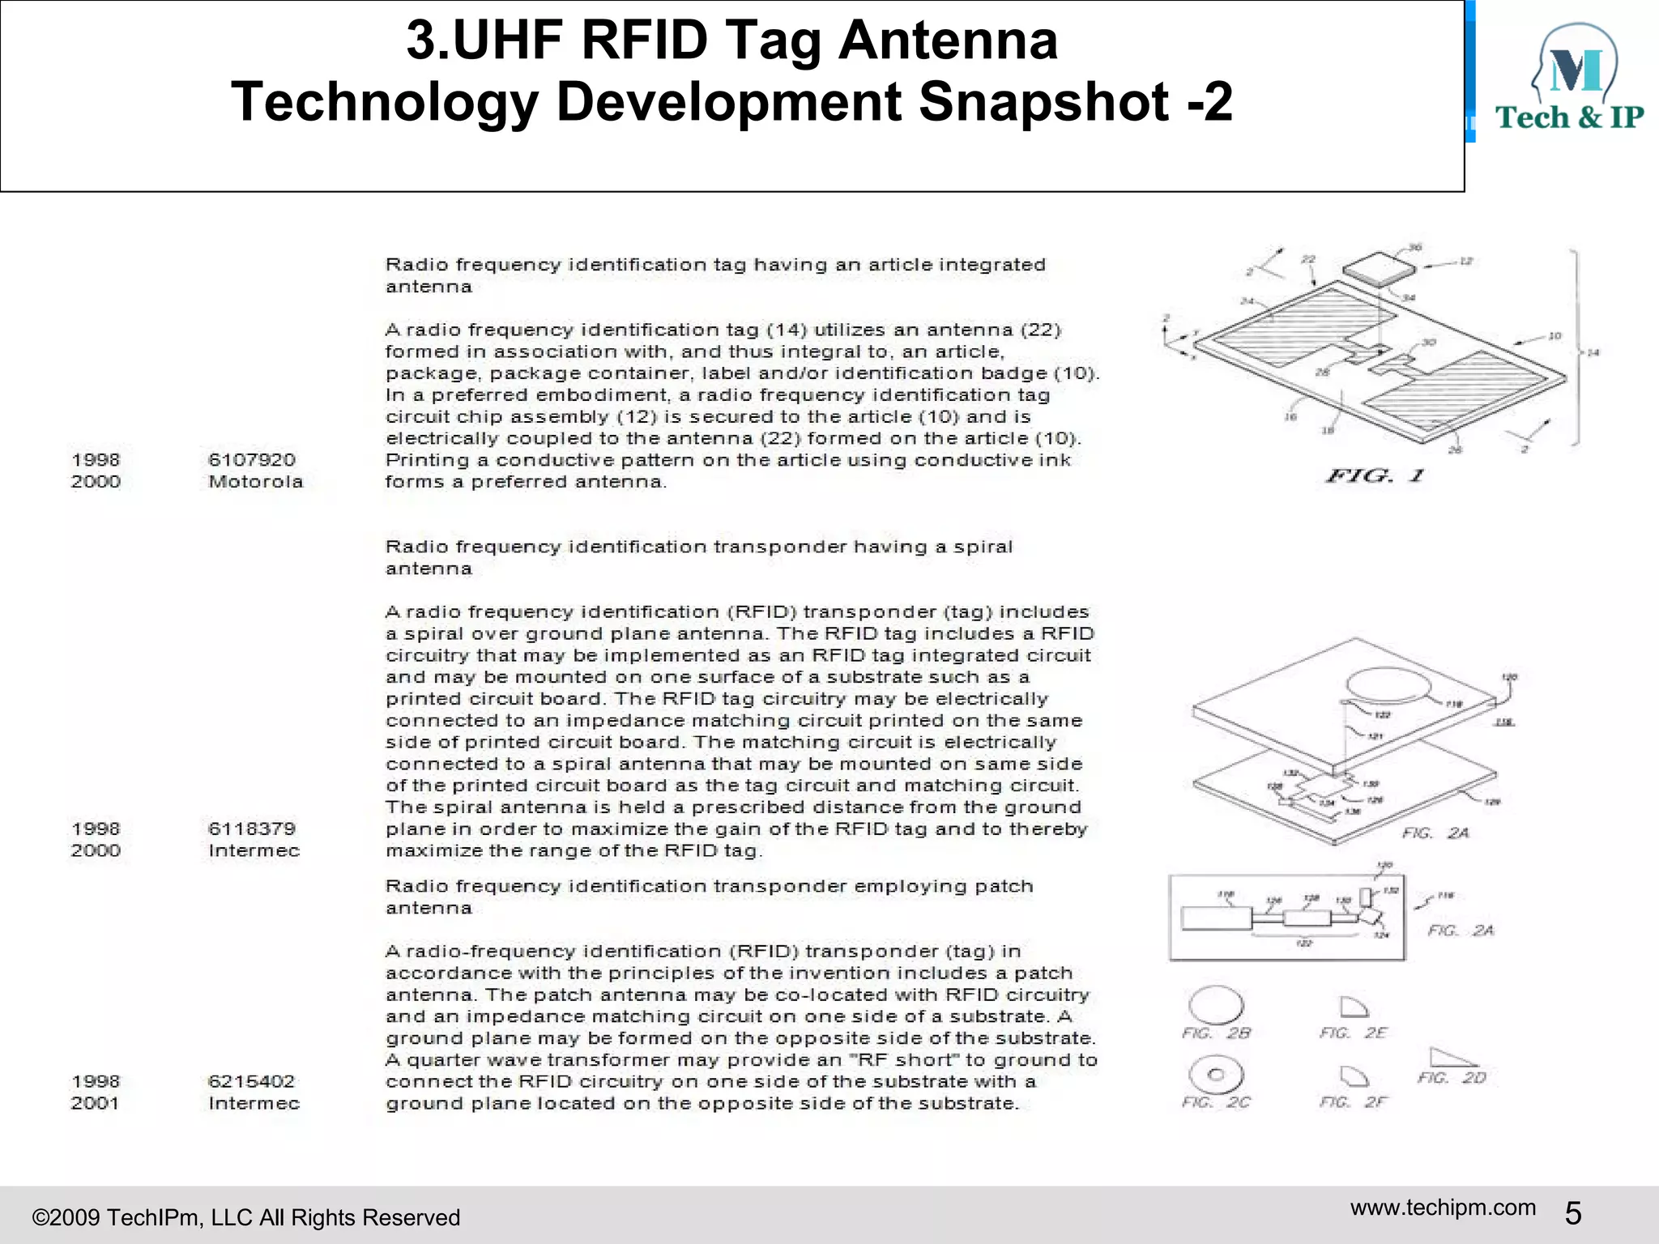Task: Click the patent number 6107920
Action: (x=251, y=460)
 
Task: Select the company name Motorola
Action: (x=255, y=482)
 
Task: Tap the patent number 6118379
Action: (x=251, y=829)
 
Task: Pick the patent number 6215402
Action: (x=251, y=1081)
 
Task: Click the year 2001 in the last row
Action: (x=95, y=1103)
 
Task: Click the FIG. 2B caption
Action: (x=1216, y=1033)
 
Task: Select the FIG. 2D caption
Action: (x=1452, y=1078)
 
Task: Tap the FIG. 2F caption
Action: (x=1353, y=1102)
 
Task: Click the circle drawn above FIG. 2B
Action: (x=1215, y=1005)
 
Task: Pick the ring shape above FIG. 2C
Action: (x=1215, y=1075)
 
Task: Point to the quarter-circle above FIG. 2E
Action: (x=1352, y=1007)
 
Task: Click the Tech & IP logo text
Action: (x=1569, y=118)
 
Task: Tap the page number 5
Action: (x=1572, y=1213)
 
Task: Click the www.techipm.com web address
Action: (x=1443, y=1208)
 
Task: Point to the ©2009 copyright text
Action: (x=245, y=1217)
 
